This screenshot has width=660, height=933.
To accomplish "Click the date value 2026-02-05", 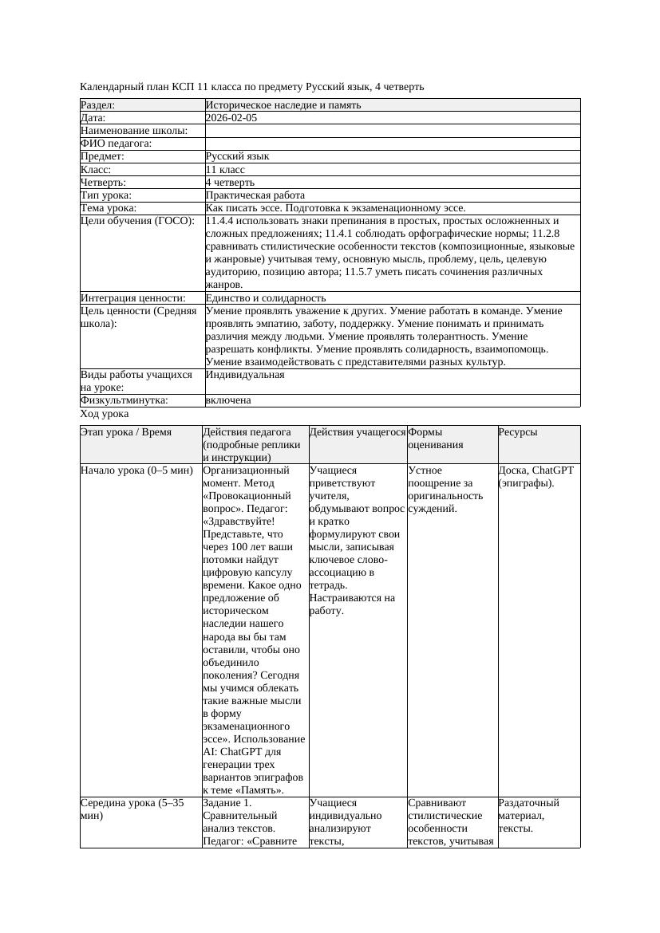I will tap(231, 118).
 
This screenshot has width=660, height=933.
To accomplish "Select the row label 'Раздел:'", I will tap(98, 105).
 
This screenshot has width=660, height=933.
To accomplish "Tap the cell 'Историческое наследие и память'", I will tap(283, 105).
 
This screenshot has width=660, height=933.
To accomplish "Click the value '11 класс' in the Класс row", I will tap(225, 170).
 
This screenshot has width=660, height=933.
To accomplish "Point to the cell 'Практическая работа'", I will tap(255, 195).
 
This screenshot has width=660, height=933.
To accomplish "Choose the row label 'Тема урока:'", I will tap(109, 208).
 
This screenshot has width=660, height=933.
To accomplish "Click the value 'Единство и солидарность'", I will tap(260, 298).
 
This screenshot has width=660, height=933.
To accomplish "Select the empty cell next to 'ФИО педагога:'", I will tap(391, 144).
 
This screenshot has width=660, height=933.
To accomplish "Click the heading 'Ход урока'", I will tap(105, 414).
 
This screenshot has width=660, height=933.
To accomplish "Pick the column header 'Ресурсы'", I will tap(518, 432).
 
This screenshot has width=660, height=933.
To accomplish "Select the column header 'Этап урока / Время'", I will tap(126, 432).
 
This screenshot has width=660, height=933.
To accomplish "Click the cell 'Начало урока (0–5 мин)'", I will tap(136, 470).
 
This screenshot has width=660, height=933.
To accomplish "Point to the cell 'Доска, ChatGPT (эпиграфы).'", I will tap(536, 476).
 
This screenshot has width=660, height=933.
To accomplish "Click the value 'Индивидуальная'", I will tap(244, 375).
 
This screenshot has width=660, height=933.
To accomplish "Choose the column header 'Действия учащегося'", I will tap(357, 432).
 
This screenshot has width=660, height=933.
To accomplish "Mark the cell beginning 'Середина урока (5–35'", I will tap(132, 809).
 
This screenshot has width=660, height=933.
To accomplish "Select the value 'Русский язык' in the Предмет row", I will tap(237, 156).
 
